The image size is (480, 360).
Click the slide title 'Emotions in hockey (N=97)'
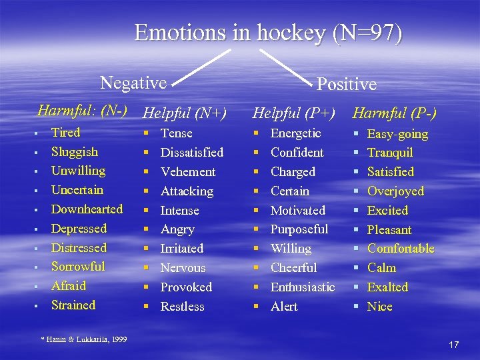tap(268, 33)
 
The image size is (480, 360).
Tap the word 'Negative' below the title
tap(133, 83)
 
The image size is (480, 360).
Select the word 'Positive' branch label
tap(346, 85)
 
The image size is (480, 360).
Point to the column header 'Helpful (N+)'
tap(185, 114)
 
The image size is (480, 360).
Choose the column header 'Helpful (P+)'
tap(293, 114)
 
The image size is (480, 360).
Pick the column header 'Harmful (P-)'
tap(395, 114)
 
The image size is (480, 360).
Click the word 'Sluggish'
tap(74, 152)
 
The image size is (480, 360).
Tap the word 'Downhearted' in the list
tap(87, 209)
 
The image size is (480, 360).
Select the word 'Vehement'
tap(188, 172)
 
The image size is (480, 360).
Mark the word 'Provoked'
tap(186, 287)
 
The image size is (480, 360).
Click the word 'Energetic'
tap(295, 133)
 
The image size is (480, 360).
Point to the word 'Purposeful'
tap(299, 229)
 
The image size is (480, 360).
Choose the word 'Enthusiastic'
tap(302, 287)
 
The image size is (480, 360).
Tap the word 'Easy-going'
tap(397, 134)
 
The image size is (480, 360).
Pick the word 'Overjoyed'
tap(395, 191)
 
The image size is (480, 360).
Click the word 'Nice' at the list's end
tap(379, 307)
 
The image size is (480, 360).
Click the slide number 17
tap(453, 345)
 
